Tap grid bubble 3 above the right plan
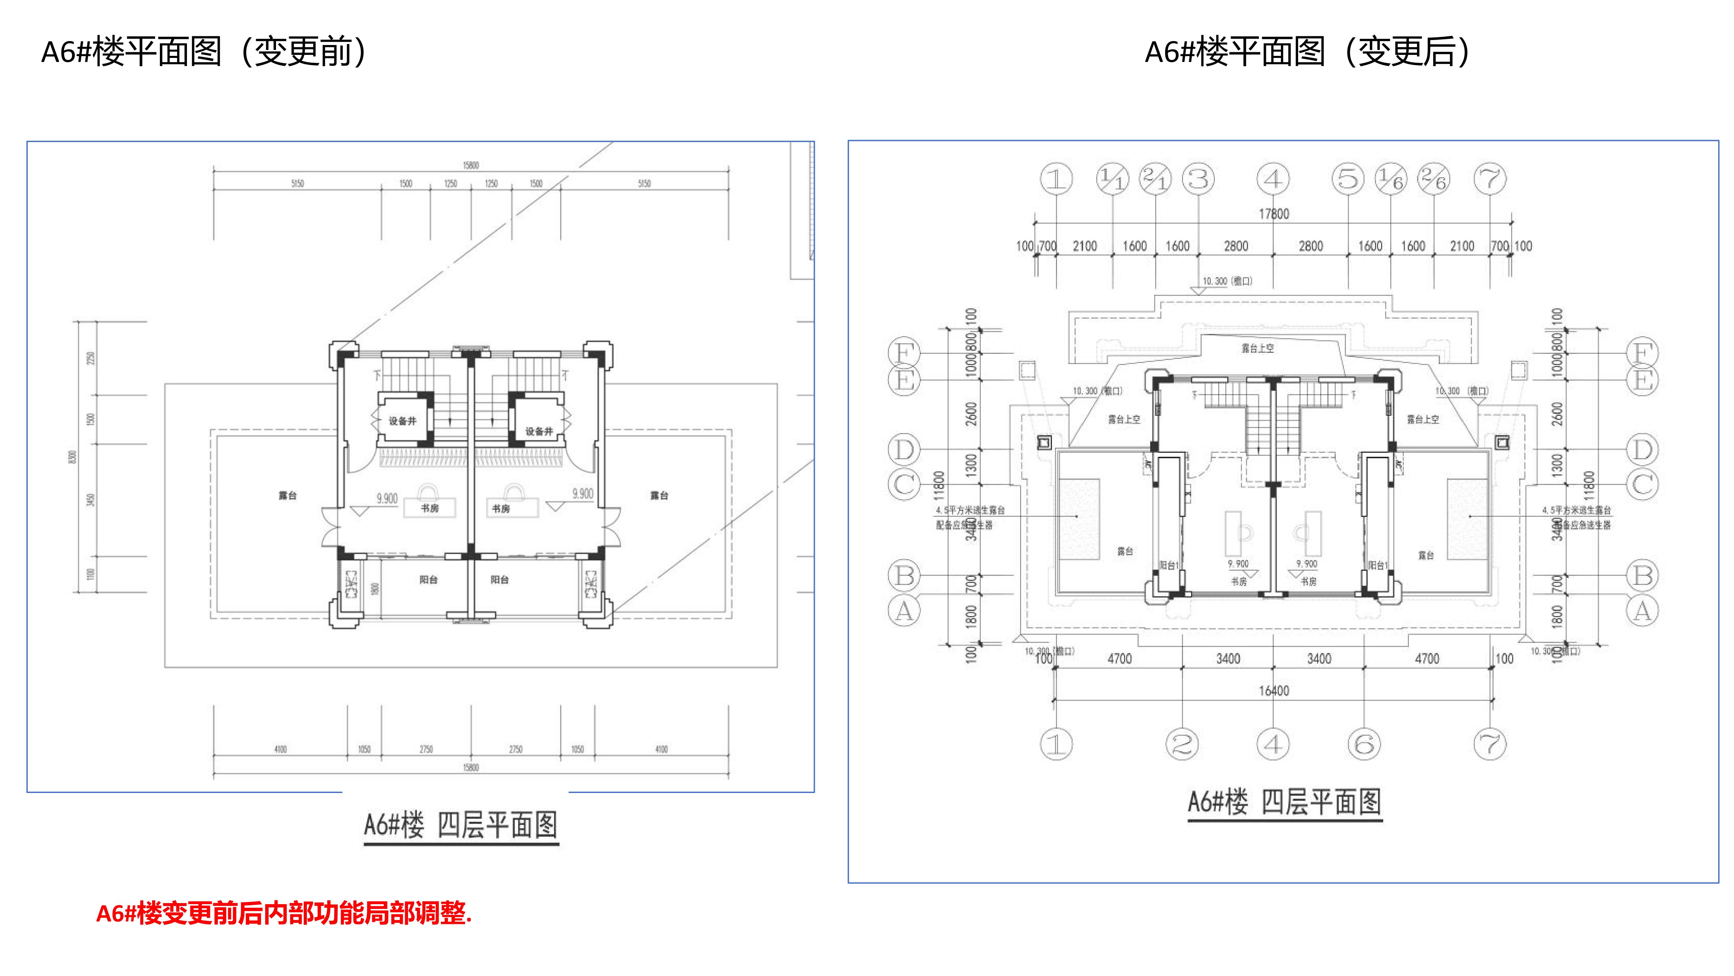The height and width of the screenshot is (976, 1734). pyautogui.click(x=1198, y=179)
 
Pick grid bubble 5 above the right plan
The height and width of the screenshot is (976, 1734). pyautogui.click(x=1348, y=179)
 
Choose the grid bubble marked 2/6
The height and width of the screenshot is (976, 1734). pyautogui.click(x=1434, y=179)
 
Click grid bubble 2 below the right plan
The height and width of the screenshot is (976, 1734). pyautogui.click(x=1182, y=744)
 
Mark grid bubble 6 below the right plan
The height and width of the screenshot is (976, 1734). pyautogui.click(x=1365, y=744)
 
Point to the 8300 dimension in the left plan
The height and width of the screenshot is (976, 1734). pyautogui.click(x=73, y=457)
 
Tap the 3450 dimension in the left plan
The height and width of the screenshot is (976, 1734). pyautogui.click(x=91, y=500)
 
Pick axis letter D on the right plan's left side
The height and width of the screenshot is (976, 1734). pyautogui.click(x=904, y=449)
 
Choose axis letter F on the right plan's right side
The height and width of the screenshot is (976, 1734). pyautogui.click(x=1643, y=353)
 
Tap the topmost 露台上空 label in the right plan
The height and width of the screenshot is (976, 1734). pyautogui.click(x=1257, y=348)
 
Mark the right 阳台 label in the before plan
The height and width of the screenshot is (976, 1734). pyautogui.click(x=500, y=580)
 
